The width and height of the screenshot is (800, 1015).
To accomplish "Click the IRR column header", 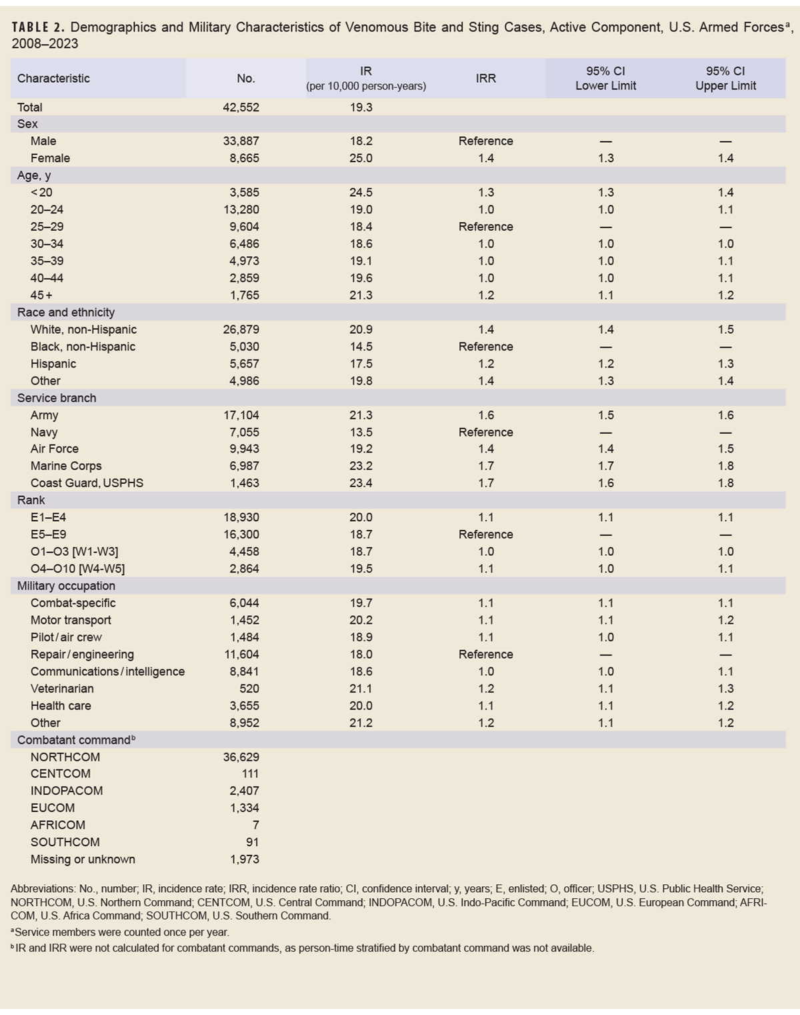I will point(485,78).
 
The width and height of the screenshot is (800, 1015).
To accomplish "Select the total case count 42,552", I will point(241,107).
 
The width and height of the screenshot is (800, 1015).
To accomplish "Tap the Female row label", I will point(50,158).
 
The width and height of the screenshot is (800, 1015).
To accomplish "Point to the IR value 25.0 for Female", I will point(361,158).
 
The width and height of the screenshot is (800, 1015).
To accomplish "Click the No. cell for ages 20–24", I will point(241,210).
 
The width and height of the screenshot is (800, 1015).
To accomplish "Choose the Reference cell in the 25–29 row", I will point(485,227).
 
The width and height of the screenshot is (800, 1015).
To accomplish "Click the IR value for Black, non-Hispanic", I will point(361,346).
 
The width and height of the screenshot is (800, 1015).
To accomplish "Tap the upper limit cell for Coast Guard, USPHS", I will point(725,483).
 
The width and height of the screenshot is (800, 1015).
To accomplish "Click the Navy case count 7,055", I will point(244,432).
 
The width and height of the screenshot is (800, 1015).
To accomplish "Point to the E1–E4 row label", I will point(48,517).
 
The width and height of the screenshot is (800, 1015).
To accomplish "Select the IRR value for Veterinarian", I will point(485,689).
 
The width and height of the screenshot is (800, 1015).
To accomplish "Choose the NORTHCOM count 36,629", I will point(241,757).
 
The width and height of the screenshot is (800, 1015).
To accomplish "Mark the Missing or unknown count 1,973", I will point(244,860).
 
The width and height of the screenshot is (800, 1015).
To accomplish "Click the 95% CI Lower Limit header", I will point(605,78).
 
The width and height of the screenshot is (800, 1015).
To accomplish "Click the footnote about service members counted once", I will point(121,932).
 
